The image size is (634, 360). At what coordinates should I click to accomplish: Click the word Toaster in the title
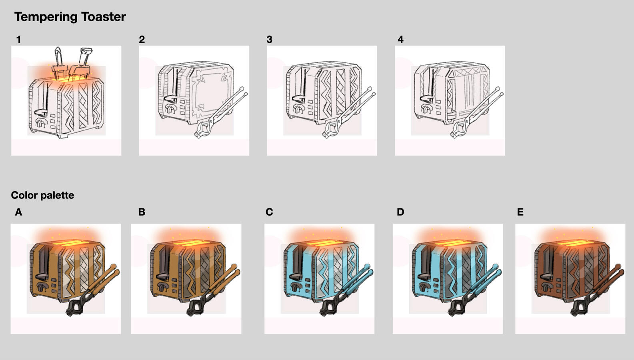(103, 17)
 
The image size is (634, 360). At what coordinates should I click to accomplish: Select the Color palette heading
(42, 195)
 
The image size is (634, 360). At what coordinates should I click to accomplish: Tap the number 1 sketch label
(19, 40)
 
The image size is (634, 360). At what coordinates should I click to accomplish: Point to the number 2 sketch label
(142, 40)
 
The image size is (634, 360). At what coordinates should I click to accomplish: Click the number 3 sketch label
(270, 40)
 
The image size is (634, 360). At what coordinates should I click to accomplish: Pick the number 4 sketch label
(400, 40)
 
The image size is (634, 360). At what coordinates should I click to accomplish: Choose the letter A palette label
(18, 212)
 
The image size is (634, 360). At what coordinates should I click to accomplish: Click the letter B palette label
(142, 212)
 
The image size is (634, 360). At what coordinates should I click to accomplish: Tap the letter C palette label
(269, 212)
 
